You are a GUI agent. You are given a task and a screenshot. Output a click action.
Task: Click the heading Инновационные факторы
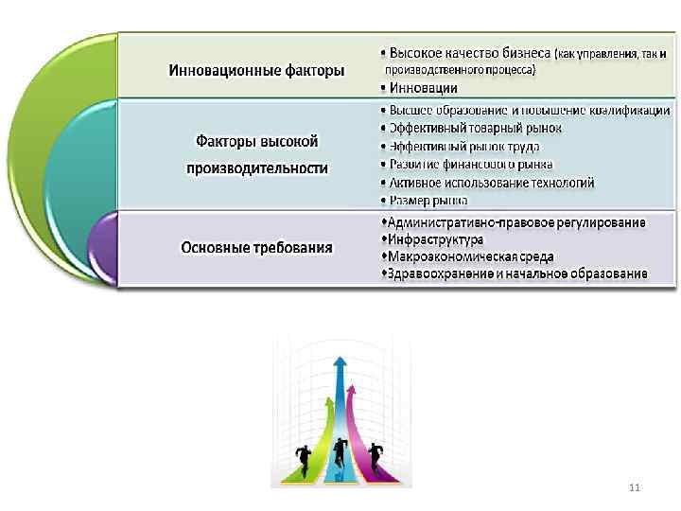[255, 70]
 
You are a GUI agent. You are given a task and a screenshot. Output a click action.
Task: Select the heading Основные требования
[257, 248]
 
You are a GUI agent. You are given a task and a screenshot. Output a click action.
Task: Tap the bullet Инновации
[422, 88]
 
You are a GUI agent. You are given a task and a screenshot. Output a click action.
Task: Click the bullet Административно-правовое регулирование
[511, 222]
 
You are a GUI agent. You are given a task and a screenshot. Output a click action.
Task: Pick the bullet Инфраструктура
[431, 239]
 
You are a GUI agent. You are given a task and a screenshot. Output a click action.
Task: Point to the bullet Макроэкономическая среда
[466, 256]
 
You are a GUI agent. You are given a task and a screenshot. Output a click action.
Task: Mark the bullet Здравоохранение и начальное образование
[514, 274]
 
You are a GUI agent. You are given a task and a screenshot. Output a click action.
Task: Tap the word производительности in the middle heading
[257, 168]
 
